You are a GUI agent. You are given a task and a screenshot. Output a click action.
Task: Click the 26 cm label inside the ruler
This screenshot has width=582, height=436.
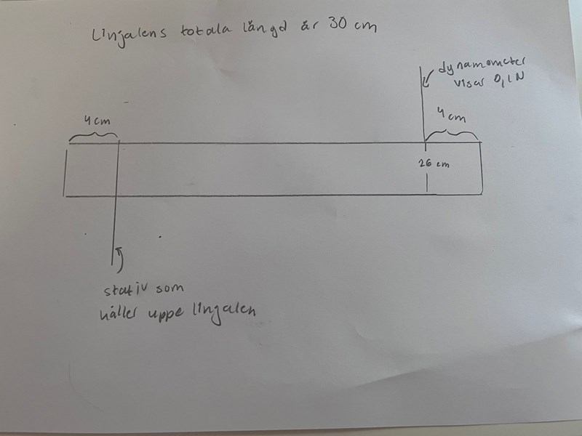pyautogui.click(x=434, y=164)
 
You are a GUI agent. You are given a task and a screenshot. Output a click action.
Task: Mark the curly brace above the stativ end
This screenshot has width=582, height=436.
pyautogui.click(x=93, y=136)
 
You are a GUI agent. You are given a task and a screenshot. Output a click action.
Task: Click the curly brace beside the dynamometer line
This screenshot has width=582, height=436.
pyautogui.click(x=452, y=134)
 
